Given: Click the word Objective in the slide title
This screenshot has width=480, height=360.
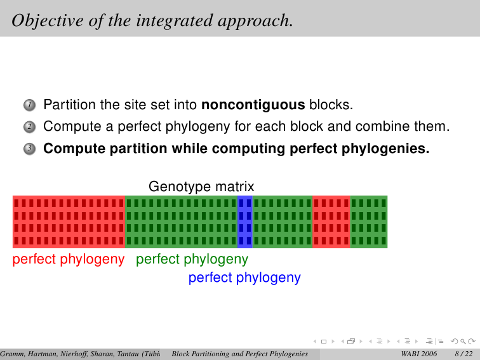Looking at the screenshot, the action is pos(48,21).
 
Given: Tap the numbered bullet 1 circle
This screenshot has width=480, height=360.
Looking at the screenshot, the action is pos(30,105).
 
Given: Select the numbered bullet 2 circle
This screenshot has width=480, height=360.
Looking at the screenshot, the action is pos(30,127).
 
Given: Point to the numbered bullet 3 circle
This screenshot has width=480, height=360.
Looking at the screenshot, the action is pos(30,149).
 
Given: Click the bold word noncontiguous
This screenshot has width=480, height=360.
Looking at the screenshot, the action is pos(253,105).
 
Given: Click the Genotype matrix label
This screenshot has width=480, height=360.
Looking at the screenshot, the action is pos(201,186).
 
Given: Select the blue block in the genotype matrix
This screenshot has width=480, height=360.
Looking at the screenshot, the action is pos(245,222).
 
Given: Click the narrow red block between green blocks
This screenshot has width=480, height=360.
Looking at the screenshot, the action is pos(331,222).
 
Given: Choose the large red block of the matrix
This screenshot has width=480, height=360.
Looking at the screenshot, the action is pos(69,222).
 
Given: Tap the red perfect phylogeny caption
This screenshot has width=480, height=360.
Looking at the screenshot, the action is pos(69,260).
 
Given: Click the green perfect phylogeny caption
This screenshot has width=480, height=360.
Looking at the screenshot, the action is pos(192,260).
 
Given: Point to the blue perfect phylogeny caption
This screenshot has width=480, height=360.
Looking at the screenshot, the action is pos(244,278).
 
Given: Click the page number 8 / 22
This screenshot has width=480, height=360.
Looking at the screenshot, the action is pos(463,354).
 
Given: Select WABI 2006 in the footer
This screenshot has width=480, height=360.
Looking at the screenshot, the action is pos(419,354).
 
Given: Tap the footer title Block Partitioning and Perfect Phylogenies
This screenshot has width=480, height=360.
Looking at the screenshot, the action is pos(240,354).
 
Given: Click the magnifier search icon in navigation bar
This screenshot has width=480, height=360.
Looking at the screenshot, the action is pos(463,341).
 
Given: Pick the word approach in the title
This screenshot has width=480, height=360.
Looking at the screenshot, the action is pos(255,21).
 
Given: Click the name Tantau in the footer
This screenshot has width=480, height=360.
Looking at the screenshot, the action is pos(128,354).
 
